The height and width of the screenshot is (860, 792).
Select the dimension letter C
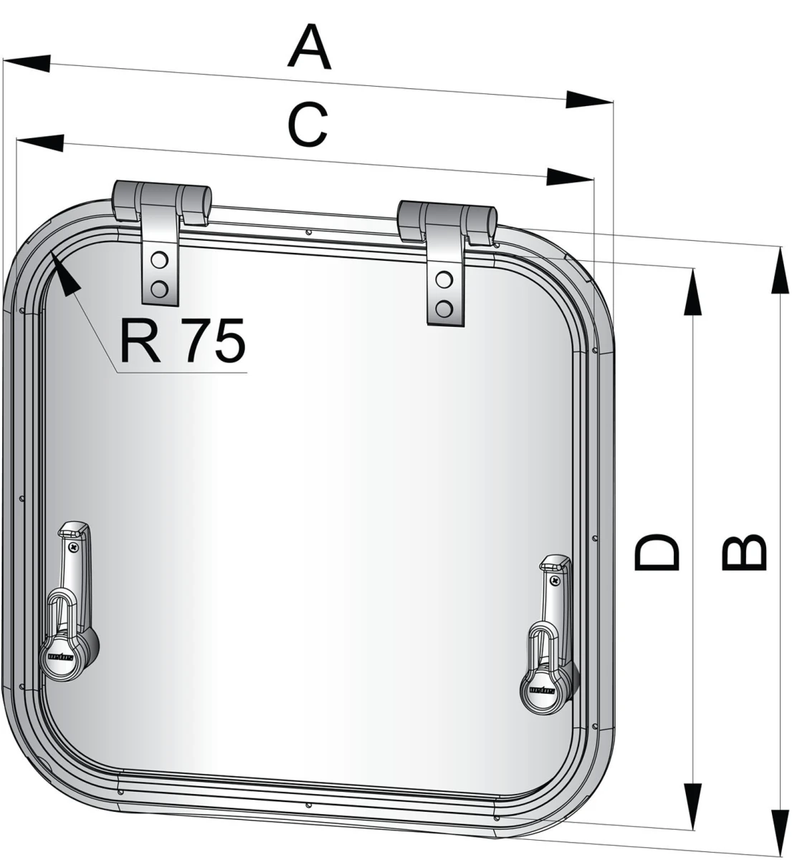tap(307, 125)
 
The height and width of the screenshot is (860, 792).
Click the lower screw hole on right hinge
tap(444, 308)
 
